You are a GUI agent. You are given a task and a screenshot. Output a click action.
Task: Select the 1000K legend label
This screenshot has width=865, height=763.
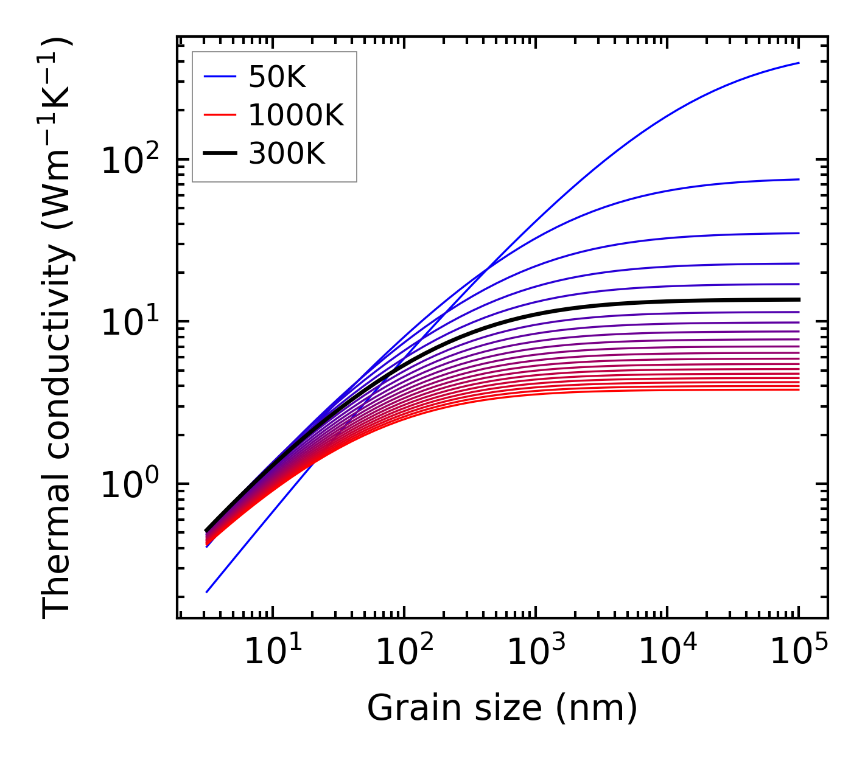point(296,115)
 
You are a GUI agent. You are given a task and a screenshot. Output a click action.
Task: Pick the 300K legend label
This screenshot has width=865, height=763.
point(287,154)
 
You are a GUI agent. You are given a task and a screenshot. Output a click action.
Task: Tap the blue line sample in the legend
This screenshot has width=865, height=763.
point(220,77)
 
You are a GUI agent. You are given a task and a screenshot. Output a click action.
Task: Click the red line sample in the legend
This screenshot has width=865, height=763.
point(220,115)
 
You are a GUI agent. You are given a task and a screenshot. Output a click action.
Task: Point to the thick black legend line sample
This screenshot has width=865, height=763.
point(220,154)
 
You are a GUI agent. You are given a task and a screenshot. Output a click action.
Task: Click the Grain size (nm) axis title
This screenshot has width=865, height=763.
point(502,708)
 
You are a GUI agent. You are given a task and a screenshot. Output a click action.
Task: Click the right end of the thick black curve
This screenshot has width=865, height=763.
point(799,299)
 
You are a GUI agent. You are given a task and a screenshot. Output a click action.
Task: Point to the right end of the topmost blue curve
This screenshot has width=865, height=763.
point(799,63)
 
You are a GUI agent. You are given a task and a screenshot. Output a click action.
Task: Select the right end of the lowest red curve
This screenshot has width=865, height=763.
point(799,389)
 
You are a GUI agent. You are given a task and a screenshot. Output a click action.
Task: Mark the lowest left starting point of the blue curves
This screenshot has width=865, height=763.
point(207,592)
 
